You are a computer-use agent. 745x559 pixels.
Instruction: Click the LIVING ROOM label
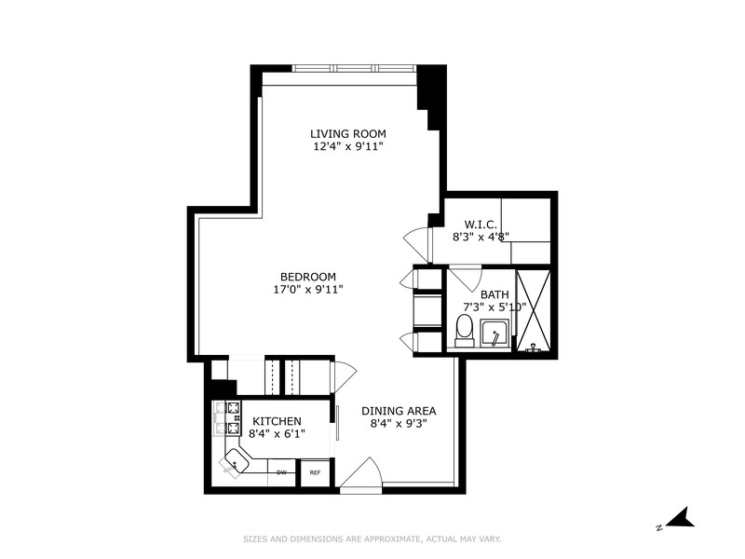[347, 133]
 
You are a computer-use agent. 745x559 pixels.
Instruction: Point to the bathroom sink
[494, 334]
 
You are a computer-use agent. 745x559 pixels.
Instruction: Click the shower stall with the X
[533, 309]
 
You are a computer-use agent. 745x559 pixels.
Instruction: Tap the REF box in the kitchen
[315, 473]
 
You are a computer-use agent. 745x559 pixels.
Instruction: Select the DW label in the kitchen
[280, 473]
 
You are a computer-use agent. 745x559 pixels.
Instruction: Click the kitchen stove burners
[227, 418]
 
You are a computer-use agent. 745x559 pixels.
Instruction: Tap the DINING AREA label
[399, 410]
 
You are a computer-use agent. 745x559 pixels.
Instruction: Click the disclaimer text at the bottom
[372, 539]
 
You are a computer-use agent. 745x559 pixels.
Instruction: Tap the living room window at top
[354, 68]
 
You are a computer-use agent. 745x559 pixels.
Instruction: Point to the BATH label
[495, 294]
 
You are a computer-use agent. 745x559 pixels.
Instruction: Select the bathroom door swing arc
[465, 277]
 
